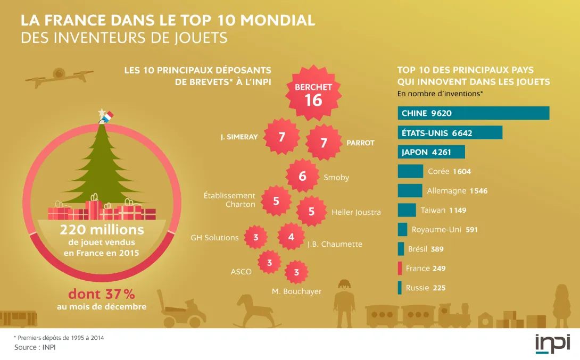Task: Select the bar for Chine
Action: coord(474,113)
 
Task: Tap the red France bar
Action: coord(399,268)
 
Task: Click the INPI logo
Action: coord(552,344)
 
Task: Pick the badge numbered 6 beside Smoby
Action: coord(302,176)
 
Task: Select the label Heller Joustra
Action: coord(356,212)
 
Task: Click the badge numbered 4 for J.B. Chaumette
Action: coord(291,237)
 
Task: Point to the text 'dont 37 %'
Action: coord(101,294)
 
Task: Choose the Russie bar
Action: coord(399,288)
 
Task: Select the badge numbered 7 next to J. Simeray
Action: coord(281,137)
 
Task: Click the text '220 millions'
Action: coord(102,230)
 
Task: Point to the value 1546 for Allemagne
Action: coord(478,191)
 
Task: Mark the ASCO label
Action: coord(241,272)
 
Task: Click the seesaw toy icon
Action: coord(59,74)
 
